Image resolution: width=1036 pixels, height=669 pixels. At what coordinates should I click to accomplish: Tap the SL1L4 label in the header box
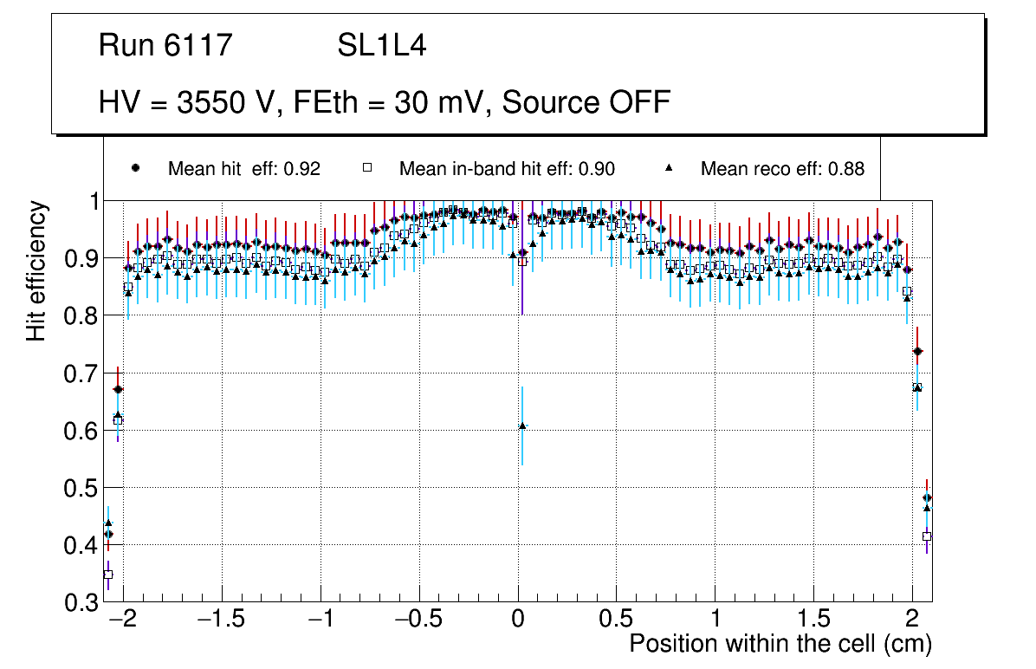381,45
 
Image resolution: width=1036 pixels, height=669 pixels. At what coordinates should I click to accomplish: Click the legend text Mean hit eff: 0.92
244,169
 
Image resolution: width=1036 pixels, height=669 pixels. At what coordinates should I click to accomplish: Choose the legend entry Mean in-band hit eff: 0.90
507,169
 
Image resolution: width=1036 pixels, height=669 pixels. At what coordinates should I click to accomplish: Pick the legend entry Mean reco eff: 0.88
782,169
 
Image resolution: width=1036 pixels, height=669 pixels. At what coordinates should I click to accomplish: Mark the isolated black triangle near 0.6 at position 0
522,425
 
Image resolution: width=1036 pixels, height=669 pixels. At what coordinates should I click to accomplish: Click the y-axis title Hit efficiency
36,270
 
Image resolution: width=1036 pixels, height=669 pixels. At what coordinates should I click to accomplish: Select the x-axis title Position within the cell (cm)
780,644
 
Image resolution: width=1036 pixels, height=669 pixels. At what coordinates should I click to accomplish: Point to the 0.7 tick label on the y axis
81,373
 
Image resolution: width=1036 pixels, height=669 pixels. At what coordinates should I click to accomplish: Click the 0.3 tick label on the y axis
81,602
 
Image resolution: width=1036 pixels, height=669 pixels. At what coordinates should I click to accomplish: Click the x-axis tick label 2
911,620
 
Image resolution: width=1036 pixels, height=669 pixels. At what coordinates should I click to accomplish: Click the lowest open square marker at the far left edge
108,574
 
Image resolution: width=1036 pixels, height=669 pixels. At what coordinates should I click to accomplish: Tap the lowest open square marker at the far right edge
927,536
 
